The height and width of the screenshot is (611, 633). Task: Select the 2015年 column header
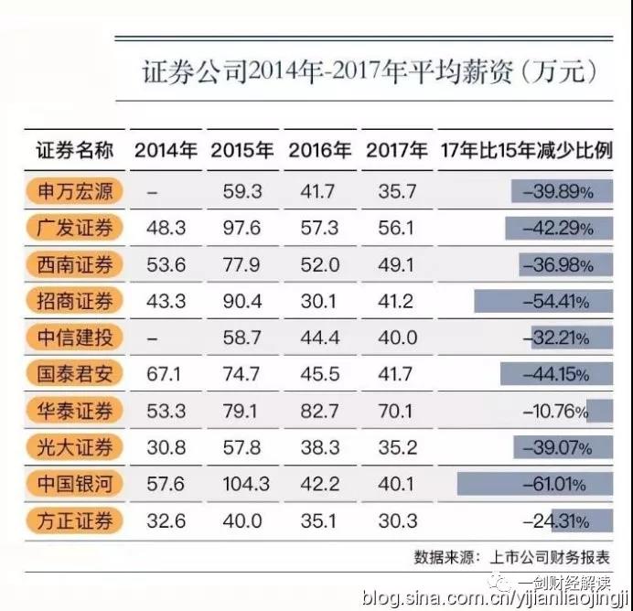(241, 150)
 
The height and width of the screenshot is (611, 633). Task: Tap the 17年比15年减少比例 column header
(526, 150)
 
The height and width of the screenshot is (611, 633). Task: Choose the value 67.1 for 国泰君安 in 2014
(166, 374)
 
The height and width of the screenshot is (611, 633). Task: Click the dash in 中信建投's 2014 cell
(153, 338)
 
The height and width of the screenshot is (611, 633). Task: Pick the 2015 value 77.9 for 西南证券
(241, 265)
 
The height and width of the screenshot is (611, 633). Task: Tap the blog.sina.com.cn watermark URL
(495, 597)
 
